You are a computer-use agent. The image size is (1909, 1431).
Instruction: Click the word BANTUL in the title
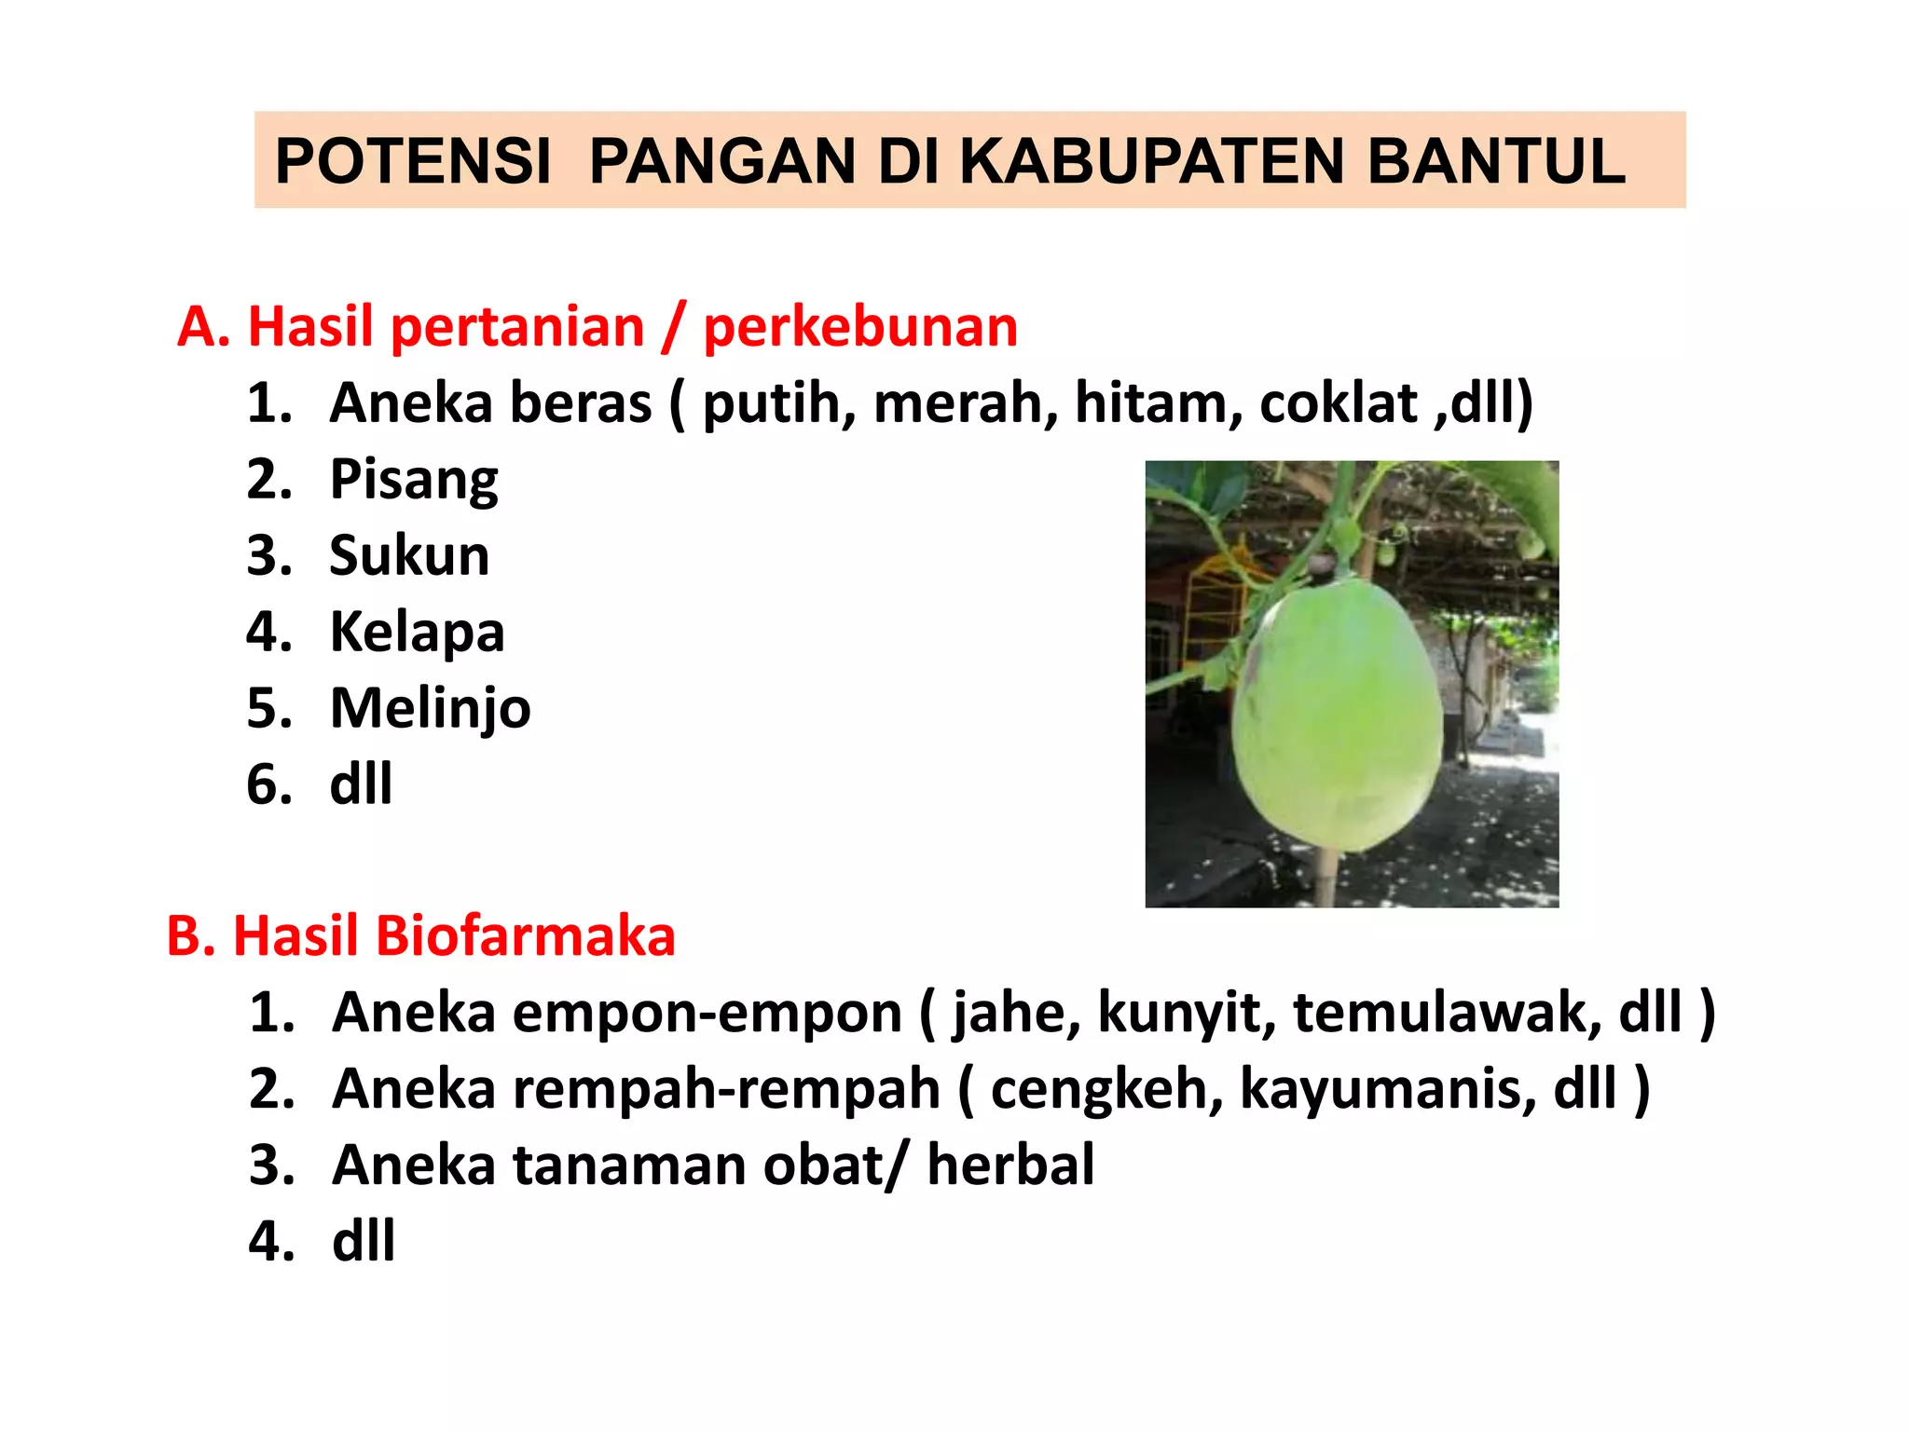pyautogui.click(x=1496, y=161)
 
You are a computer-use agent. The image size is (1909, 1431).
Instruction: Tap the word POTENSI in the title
pyautogui.click(x=413, y=161)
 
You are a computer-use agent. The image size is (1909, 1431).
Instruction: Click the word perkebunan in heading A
pyautogui.click(x=860, y=327)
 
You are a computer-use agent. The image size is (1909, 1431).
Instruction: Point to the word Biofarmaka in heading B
pyautogui.click(x=525, y=935)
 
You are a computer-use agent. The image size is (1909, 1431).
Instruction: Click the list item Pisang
pyautogui.click(x=414, y=480)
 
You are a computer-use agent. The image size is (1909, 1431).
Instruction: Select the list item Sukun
pyautogui.click(x=409, y=555)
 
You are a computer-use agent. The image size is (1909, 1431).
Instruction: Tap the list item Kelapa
pyautogui.click(x=417, y=632)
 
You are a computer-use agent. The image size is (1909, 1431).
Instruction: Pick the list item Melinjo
pyautogui.click(x=430, y=708)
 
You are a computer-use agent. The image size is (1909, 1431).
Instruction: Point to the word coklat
pyautogui.click(x=1339, y=403)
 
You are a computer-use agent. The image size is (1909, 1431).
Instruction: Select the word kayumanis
pyautogui.click(x=1387, y=1088)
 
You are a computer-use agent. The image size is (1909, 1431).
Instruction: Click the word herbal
pyautogui.click(x=1010, y=1165)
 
